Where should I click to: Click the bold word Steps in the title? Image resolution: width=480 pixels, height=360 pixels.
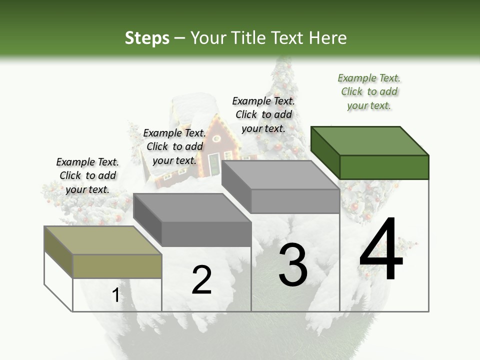(x=147, y=38)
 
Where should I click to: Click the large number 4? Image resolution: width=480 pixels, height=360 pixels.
(x=381, y=250)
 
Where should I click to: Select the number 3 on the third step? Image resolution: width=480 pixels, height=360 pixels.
(x=293, y=264)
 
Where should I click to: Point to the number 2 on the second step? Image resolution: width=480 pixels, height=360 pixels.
(x=202, y=280)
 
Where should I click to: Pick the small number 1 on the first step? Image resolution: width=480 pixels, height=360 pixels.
(x=115, y=295)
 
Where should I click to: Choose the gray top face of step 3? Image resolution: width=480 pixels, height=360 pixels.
(x=280, y=175)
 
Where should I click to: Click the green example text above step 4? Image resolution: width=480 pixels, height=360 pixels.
(x=369, y=92)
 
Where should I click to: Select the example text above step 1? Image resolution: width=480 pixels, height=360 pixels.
(x=87, y=176)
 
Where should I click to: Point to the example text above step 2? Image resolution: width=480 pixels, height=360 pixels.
(x=174, y=147)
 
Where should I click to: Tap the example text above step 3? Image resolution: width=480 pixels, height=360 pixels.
(x=263, y=114)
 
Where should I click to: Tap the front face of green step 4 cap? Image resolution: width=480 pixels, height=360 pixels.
(x=384, y=167)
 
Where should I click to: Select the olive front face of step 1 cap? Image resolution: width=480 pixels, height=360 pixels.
(x=117, y=266)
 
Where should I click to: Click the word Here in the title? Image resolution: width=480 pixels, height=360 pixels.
(x=328, y=38)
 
